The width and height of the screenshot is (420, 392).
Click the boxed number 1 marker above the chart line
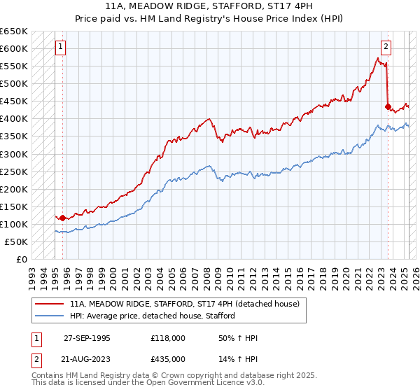[x=61, y=48]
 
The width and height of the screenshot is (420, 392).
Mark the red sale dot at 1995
[x=62, y=218]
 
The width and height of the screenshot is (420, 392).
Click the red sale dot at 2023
[x=387, y=106]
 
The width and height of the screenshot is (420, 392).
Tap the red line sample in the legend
[x=50, y=304]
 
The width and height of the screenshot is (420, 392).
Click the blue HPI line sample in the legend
[x=50, y=316]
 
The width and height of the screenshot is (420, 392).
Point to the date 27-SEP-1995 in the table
[x=87, y=338]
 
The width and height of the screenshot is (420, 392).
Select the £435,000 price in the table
[x=168, y=359]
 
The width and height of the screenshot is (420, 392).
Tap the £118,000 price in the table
[x=168, y=338]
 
